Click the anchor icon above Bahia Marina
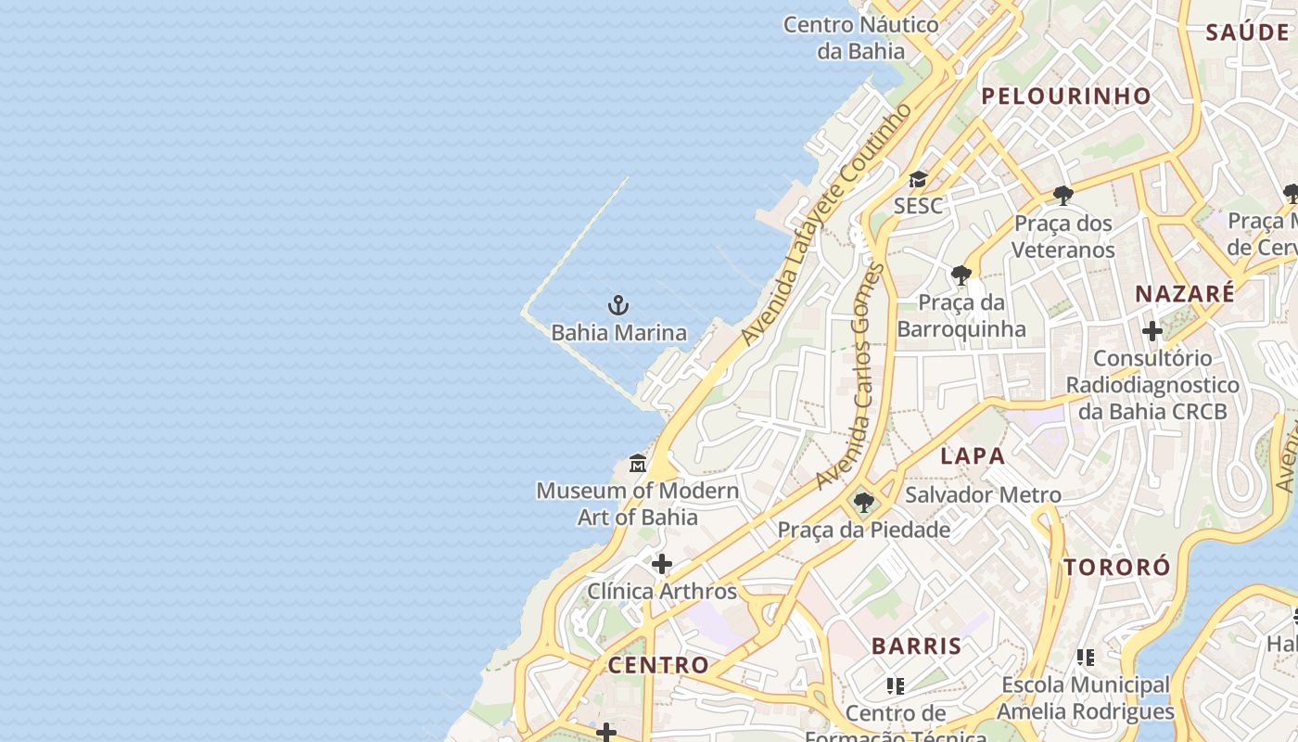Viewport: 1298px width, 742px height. tap(618, 304)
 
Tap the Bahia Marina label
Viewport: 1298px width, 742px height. tap(619, 332)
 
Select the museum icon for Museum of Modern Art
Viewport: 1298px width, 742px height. tap(638, 463)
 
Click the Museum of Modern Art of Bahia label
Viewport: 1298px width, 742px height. tap(638, 504)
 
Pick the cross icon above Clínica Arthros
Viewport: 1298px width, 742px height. tap(662, 564)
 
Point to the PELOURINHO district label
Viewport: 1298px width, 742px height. tap(1066, 96)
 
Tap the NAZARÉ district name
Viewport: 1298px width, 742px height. tap(1185, 294)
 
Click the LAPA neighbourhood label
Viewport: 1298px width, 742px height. tap(973, 455)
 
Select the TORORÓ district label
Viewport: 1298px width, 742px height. tap(1117, 568)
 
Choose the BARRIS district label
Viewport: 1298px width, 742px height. tap(916, 646)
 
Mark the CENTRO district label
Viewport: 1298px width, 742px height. tap(658, 665)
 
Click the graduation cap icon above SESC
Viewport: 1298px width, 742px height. tap(918, 179)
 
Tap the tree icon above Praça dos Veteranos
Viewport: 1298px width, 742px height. tap(1063, 196)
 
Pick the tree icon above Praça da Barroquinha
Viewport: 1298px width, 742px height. tap(961, 275)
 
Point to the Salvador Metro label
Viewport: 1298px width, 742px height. tap(983, 494)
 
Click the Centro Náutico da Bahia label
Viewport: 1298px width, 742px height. tap(861, 37)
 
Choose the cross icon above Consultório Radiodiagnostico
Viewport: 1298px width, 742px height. tap(1152, 331)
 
